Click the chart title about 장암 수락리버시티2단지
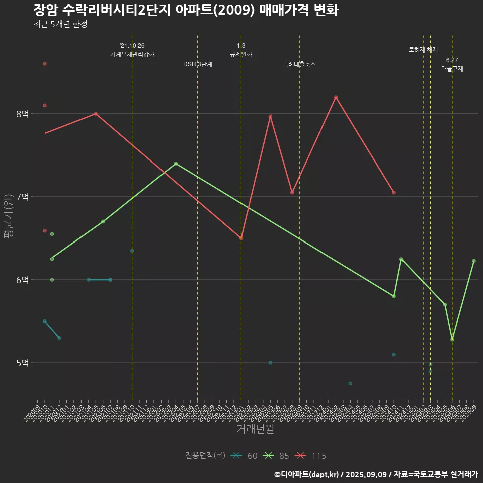tap(186, 10)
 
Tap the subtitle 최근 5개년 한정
tap(60, 24)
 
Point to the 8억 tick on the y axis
tap(22, 114)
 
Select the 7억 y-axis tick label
tap(22, 197)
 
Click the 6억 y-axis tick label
tap(22, 280)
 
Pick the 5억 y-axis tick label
tap(22, 363)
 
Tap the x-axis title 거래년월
tap(255, 429)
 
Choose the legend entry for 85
tap(278, 456)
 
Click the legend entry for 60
tap(245, 456)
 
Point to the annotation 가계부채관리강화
tap(132, 54)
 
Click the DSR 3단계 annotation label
tap(198, 64)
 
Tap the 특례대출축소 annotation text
tap(299, 64)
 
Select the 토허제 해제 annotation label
tap(423, 50)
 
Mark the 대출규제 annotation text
tap(452, 69)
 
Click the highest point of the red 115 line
tap(336, 97)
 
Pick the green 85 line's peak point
tap(176, 164)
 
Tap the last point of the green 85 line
tap(474, 261)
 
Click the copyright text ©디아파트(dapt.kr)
tap(307, 474)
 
